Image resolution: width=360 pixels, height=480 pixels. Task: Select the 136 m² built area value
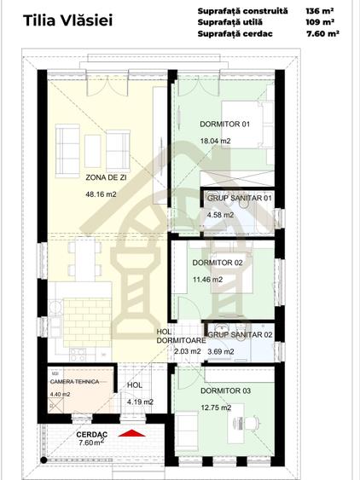[x=322, y=10]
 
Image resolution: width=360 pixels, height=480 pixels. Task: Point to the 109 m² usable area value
[x=322, y=22]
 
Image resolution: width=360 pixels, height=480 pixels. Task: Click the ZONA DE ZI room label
[x=107, y=177]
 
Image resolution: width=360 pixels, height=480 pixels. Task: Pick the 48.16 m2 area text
[x=101, y=194]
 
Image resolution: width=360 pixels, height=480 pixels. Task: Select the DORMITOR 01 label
[x=224, y=124]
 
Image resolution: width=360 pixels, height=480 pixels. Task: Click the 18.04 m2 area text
[x=215, y=141]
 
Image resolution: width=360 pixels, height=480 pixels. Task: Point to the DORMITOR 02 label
[x=218, y=263]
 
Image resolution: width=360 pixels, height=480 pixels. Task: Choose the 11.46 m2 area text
[x=207, y=279]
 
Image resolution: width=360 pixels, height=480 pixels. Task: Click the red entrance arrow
[x=131, y=435]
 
